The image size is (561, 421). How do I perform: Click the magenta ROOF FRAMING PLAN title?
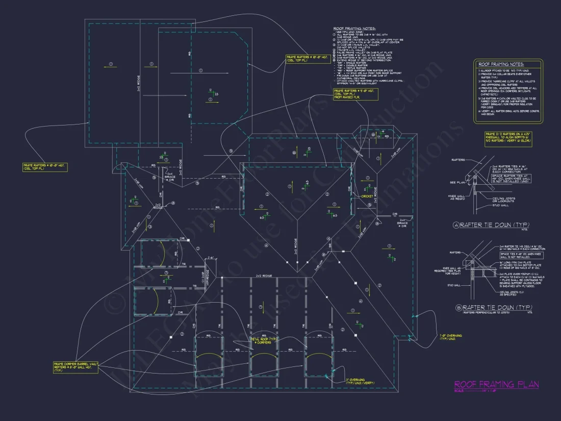[496, 385]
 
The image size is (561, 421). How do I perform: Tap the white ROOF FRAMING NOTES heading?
[354, 29]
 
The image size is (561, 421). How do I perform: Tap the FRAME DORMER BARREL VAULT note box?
[75, 367]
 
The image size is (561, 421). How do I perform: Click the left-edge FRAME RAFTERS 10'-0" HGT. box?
[45, 167]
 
